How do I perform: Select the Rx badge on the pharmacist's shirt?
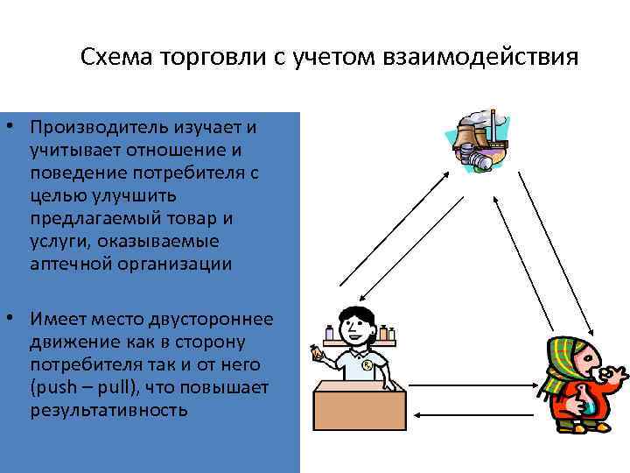coord(369,364)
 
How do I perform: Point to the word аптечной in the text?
coord(65,264)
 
